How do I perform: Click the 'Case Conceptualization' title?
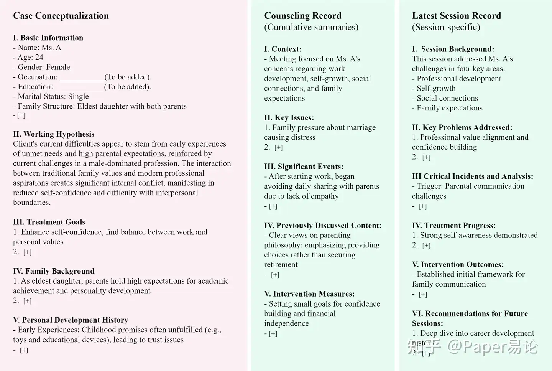tap(61, 16)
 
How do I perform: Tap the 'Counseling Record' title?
tap(302, 16)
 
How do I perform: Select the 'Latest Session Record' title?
tap(456, 16)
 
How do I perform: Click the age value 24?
tap(38, 58)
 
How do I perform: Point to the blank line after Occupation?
tap(82, 77)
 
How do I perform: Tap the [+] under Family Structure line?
tap(21, 115)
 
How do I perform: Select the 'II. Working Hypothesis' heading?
tap(54, 134)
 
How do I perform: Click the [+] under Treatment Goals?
tap(27, 252)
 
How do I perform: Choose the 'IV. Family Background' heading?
tap(54, 271)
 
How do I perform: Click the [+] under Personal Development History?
tap(24, 350)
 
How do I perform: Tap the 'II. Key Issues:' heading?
tap(289, 118)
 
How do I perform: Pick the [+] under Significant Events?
tap(273, 206)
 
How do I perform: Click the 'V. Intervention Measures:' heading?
tap(309, 294)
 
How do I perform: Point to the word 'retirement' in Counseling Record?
tap(281, 265)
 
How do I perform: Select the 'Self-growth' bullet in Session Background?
tap(436, 88)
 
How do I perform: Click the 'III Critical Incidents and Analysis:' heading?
tap(472, 176)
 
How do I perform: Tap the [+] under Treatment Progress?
tap(426, 246)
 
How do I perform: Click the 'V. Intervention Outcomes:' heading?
tap(458, 265)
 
